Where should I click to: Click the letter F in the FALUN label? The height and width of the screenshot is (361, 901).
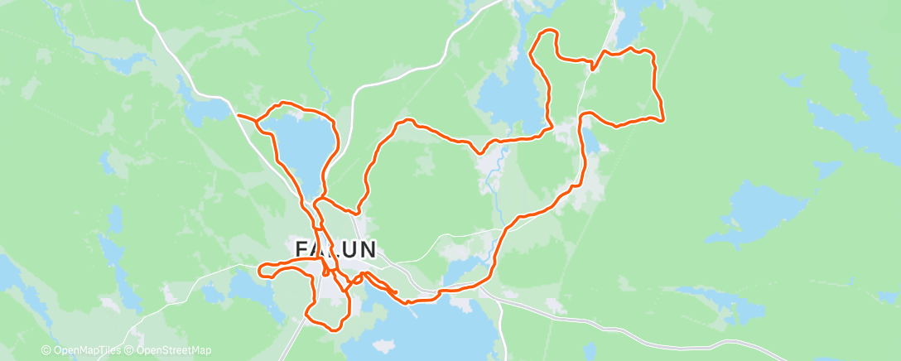(303, 248)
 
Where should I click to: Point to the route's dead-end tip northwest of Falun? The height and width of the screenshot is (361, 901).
(238, 115)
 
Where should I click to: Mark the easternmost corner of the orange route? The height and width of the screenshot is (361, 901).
(664, 118)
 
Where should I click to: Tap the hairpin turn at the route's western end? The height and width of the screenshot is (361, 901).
(262, 270)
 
